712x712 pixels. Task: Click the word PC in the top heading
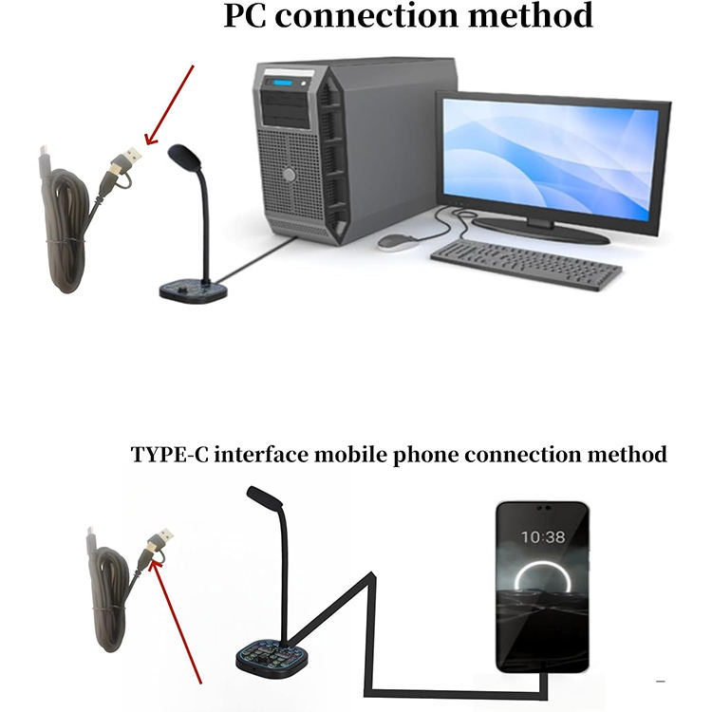(x=248, y=16)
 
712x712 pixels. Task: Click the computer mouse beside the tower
(x=399, y=241)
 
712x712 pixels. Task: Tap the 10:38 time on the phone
(x=543, y=537)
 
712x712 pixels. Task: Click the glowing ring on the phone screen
(x=541, y=589)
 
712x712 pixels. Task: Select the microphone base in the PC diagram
(x=193, y=290)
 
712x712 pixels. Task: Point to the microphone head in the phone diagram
(x=263, y=499)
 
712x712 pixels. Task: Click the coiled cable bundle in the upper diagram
(x=69, y=228)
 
